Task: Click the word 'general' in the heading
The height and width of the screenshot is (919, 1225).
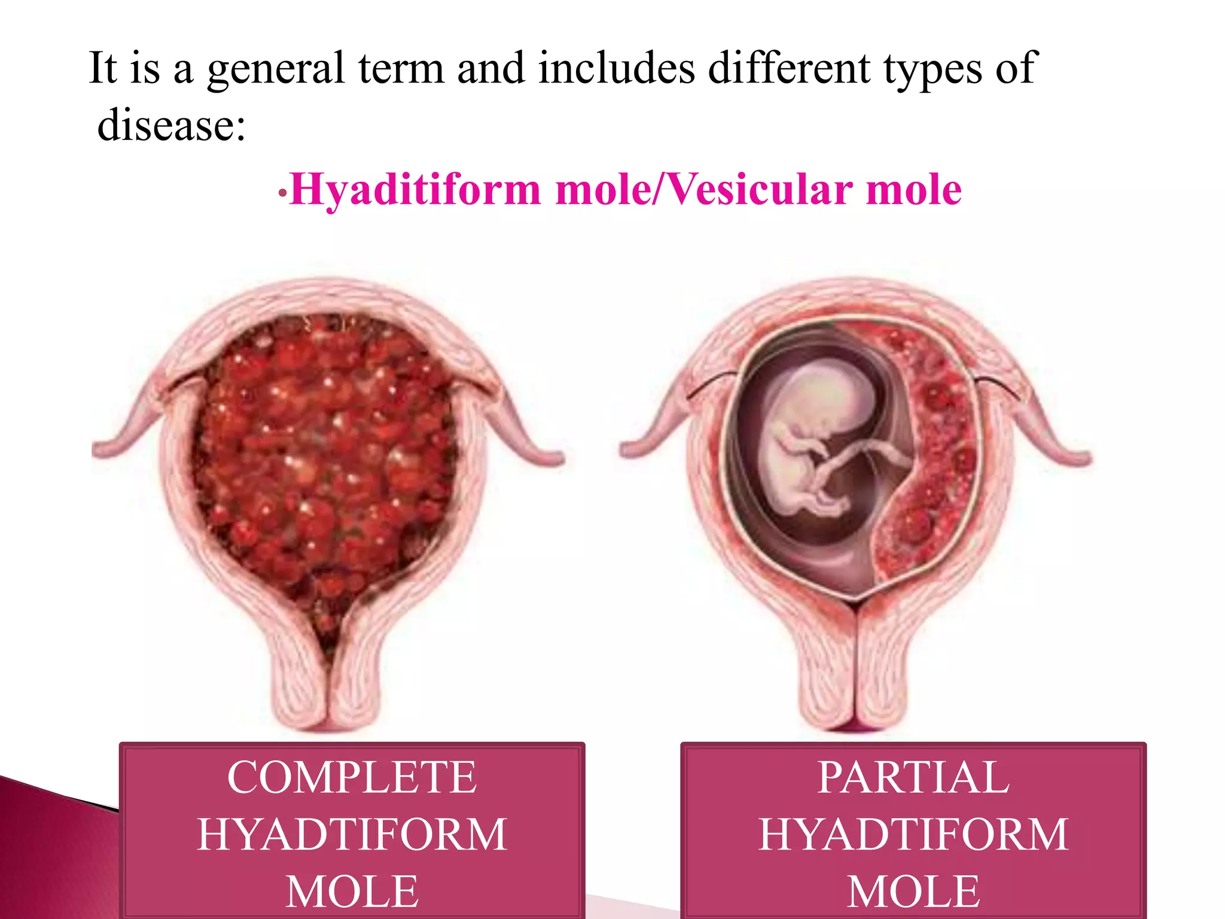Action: [276, 69]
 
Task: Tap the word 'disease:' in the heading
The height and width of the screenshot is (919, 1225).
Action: [172, 126]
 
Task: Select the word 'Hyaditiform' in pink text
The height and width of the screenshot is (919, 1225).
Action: [415, 190]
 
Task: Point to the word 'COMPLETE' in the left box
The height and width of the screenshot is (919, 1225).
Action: [352, 778]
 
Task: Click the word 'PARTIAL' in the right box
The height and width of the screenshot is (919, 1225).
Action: [913, 778]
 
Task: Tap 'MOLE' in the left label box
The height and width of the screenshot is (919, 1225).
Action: [352, 891]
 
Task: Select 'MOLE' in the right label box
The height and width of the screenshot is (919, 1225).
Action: [913, 891]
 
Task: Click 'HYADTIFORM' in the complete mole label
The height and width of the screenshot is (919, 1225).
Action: [352, 835]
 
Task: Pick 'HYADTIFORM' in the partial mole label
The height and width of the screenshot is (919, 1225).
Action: [913, 835]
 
